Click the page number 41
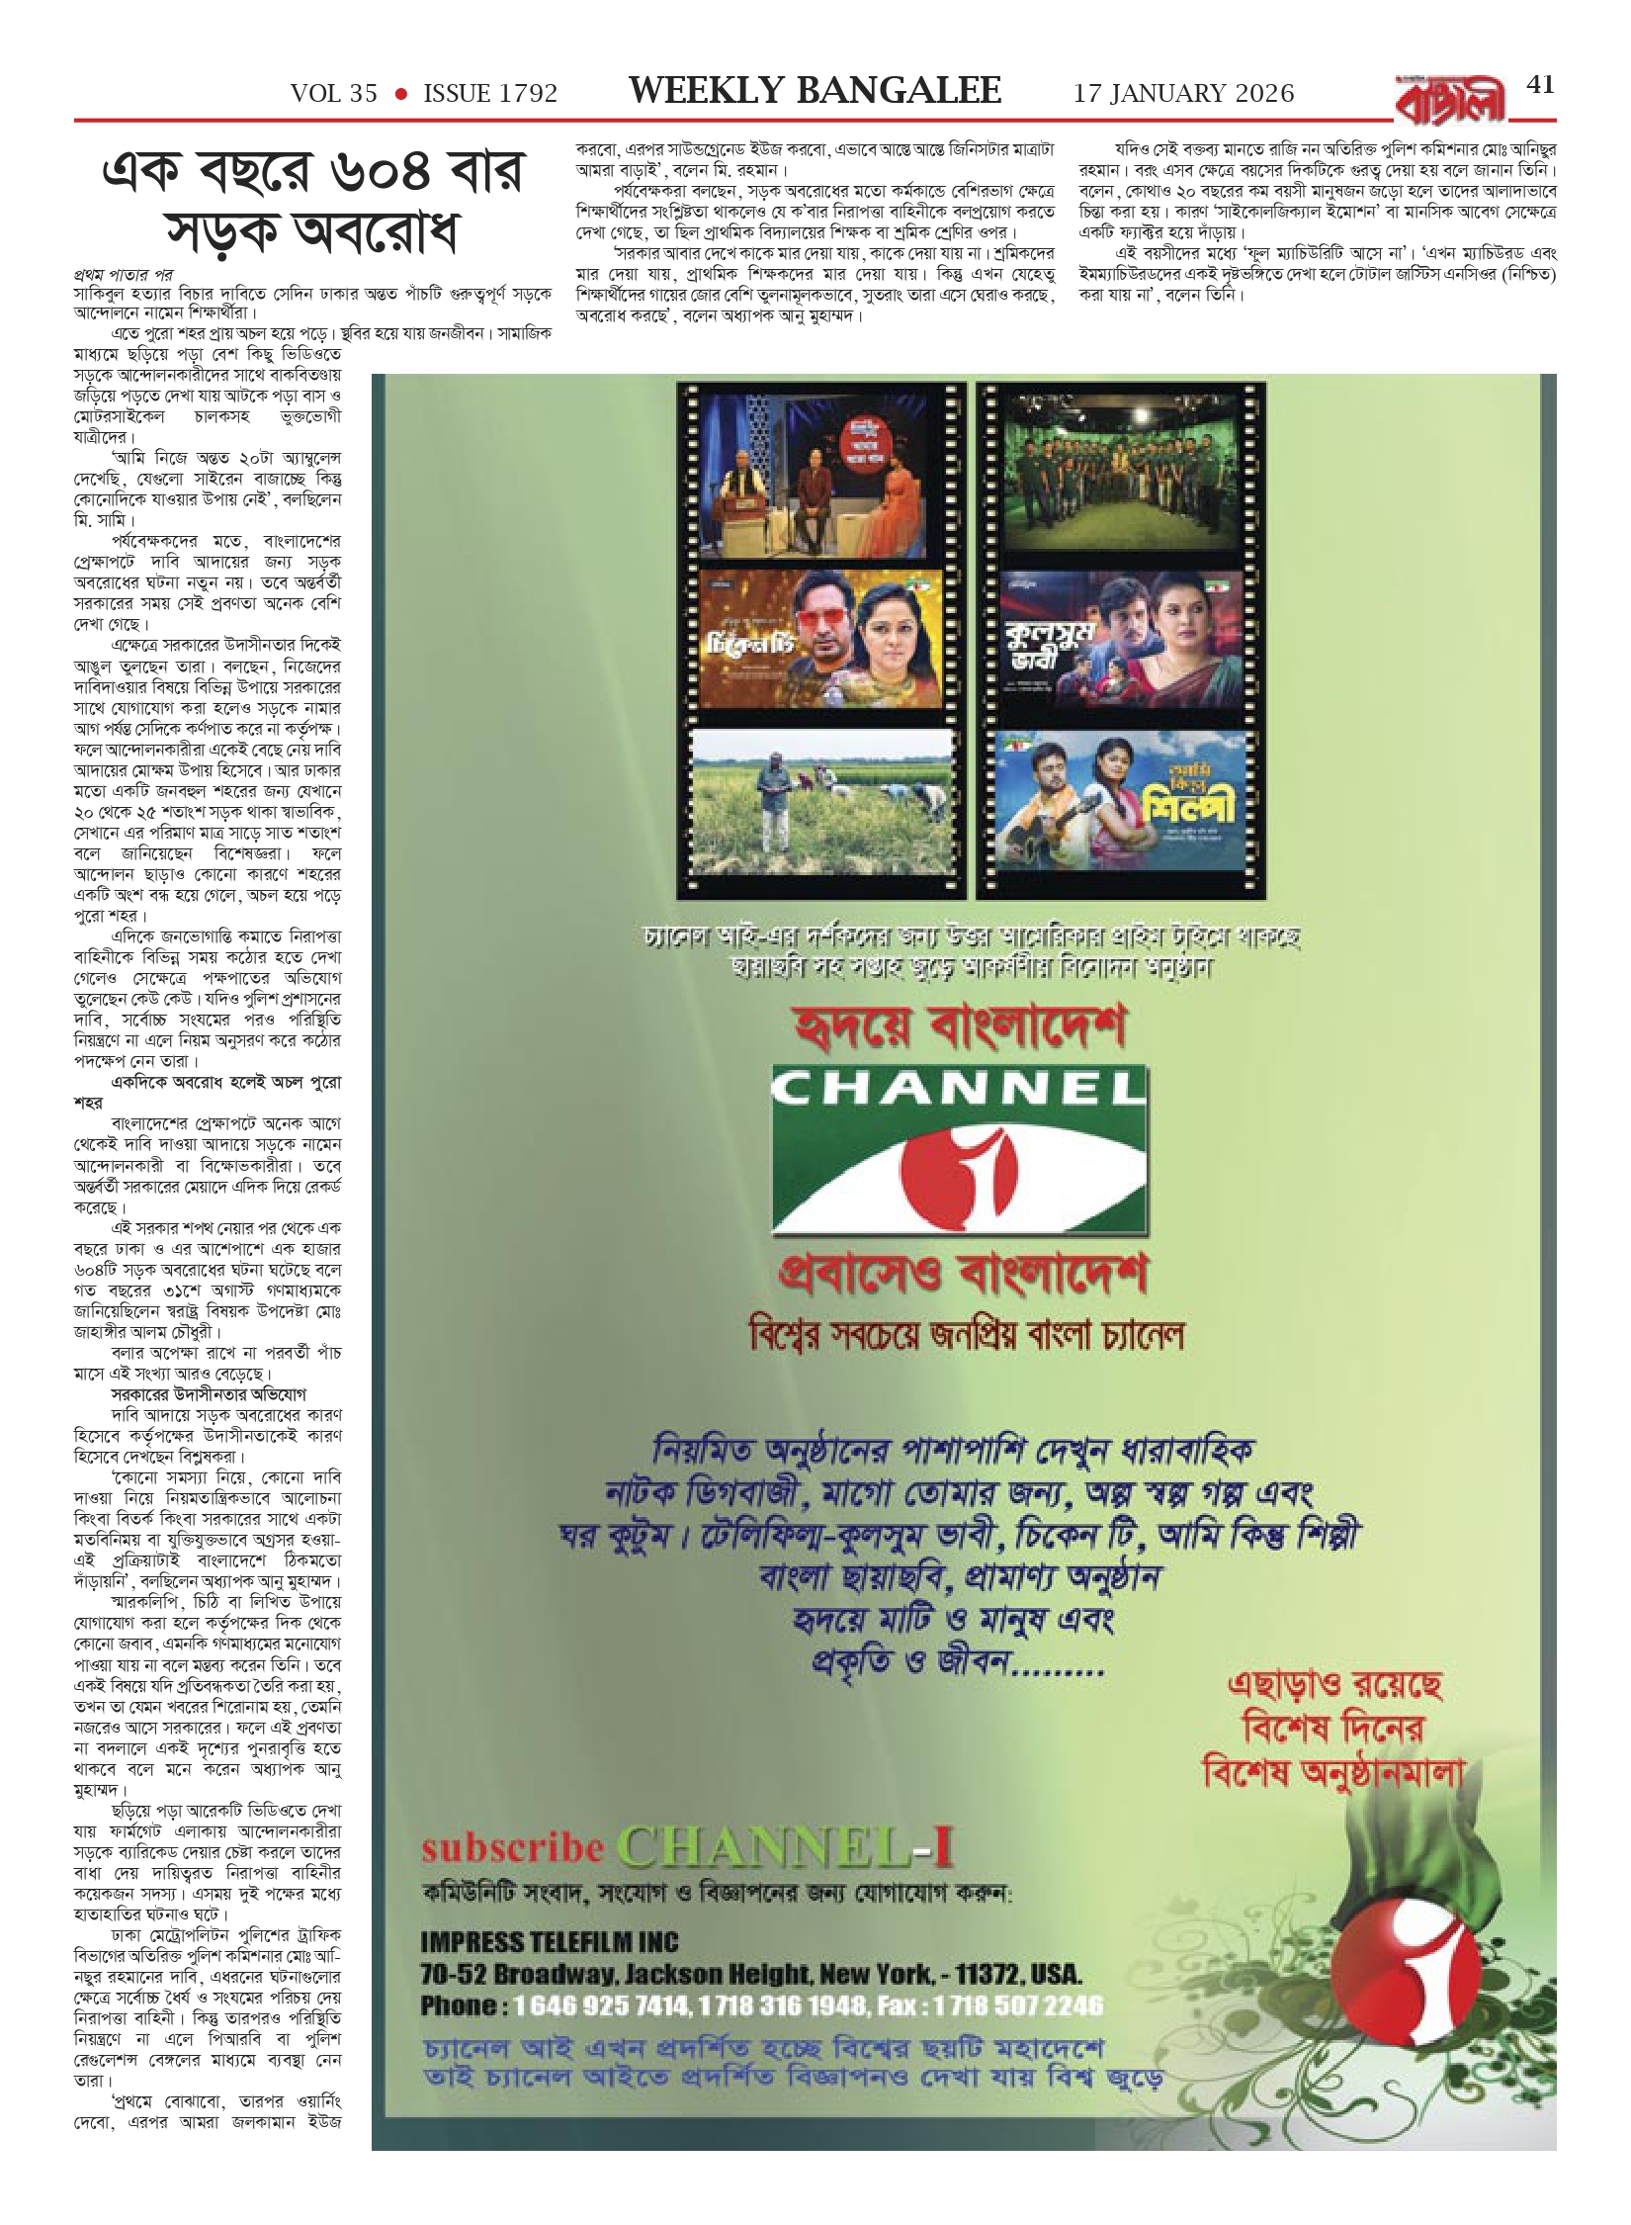click(x=1540, y=85)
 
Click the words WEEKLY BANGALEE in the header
click(x=815, y=92)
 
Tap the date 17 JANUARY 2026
click(x=1183, y=94)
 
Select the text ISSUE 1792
click(x=490, y=94)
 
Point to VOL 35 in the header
click(x=334, y=94)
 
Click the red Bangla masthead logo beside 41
click(x=1443, y=100)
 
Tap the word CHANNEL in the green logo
click(x=958, y=1090)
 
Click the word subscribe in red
click(x=512, y=1847)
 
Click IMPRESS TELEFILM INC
click(x=549, y=1941)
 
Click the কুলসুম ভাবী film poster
click(x=1120, y=641)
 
